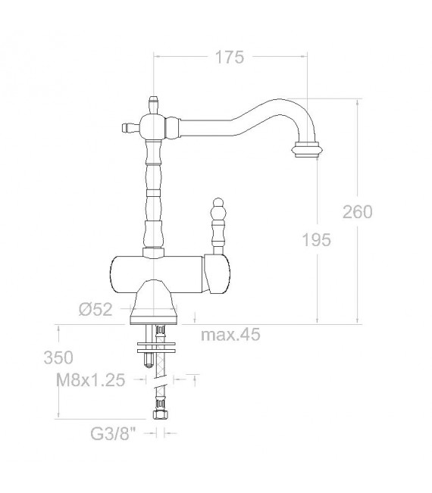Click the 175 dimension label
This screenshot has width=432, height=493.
click(x=230, y=58)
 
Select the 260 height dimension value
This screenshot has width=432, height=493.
click(x=357, y=212)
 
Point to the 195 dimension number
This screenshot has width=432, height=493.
click(x=316, y=240)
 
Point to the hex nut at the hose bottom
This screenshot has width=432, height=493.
click(x=160, y=416)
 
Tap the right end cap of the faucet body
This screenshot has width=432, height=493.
click(x=219, y=274)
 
